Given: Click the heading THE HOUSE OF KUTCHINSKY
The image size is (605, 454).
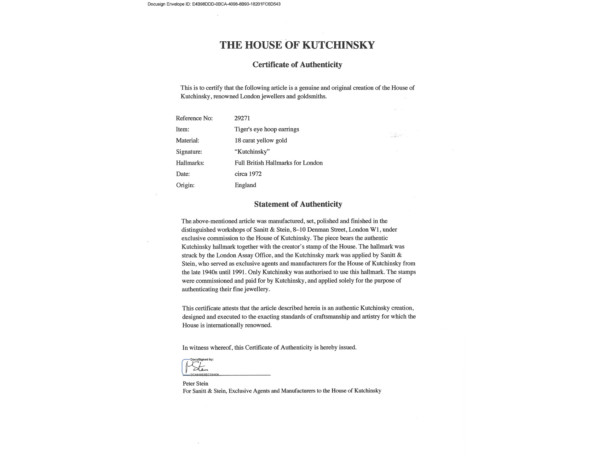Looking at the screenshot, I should [297, 45].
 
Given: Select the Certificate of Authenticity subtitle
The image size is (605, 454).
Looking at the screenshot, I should [297, 65].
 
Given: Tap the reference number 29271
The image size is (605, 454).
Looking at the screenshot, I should [242, 118].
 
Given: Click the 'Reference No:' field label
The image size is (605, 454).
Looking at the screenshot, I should [194, 118].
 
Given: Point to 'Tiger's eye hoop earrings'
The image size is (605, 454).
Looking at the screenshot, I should [267, 129].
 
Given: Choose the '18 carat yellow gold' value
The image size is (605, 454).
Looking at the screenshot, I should [261, 140].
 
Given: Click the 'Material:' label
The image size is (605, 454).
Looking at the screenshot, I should [187, 141].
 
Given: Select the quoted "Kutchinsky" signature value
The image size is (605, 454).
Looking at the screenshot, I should [252, 152].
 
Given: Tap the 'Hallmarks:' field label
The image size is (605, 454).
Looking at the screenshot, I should [190, 163].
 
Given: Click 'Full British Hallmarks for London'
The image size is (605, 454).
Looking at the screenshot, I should [279, 163].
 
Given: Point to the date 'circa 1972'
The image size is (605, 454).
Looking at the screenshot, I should [248, 174].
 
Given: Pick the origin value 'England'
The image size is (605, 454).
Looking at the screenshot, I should [245, 185].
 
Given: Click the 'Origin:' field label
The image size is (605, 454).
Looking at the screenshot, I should [185, 185].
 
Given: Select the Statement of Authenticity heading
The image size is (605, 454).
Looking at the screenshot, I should [298, 204].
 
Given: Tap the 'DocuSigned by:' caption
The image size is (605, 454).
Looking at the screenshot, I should [202, 359].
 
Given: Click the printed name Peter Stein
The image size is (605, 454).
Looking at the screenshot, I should [195, 384].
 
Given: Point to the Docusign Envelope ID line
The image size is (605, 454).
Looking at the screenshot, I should [214, 4].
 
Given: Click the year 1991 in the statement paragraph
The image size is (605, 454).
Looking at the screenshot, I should [237, 272].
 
